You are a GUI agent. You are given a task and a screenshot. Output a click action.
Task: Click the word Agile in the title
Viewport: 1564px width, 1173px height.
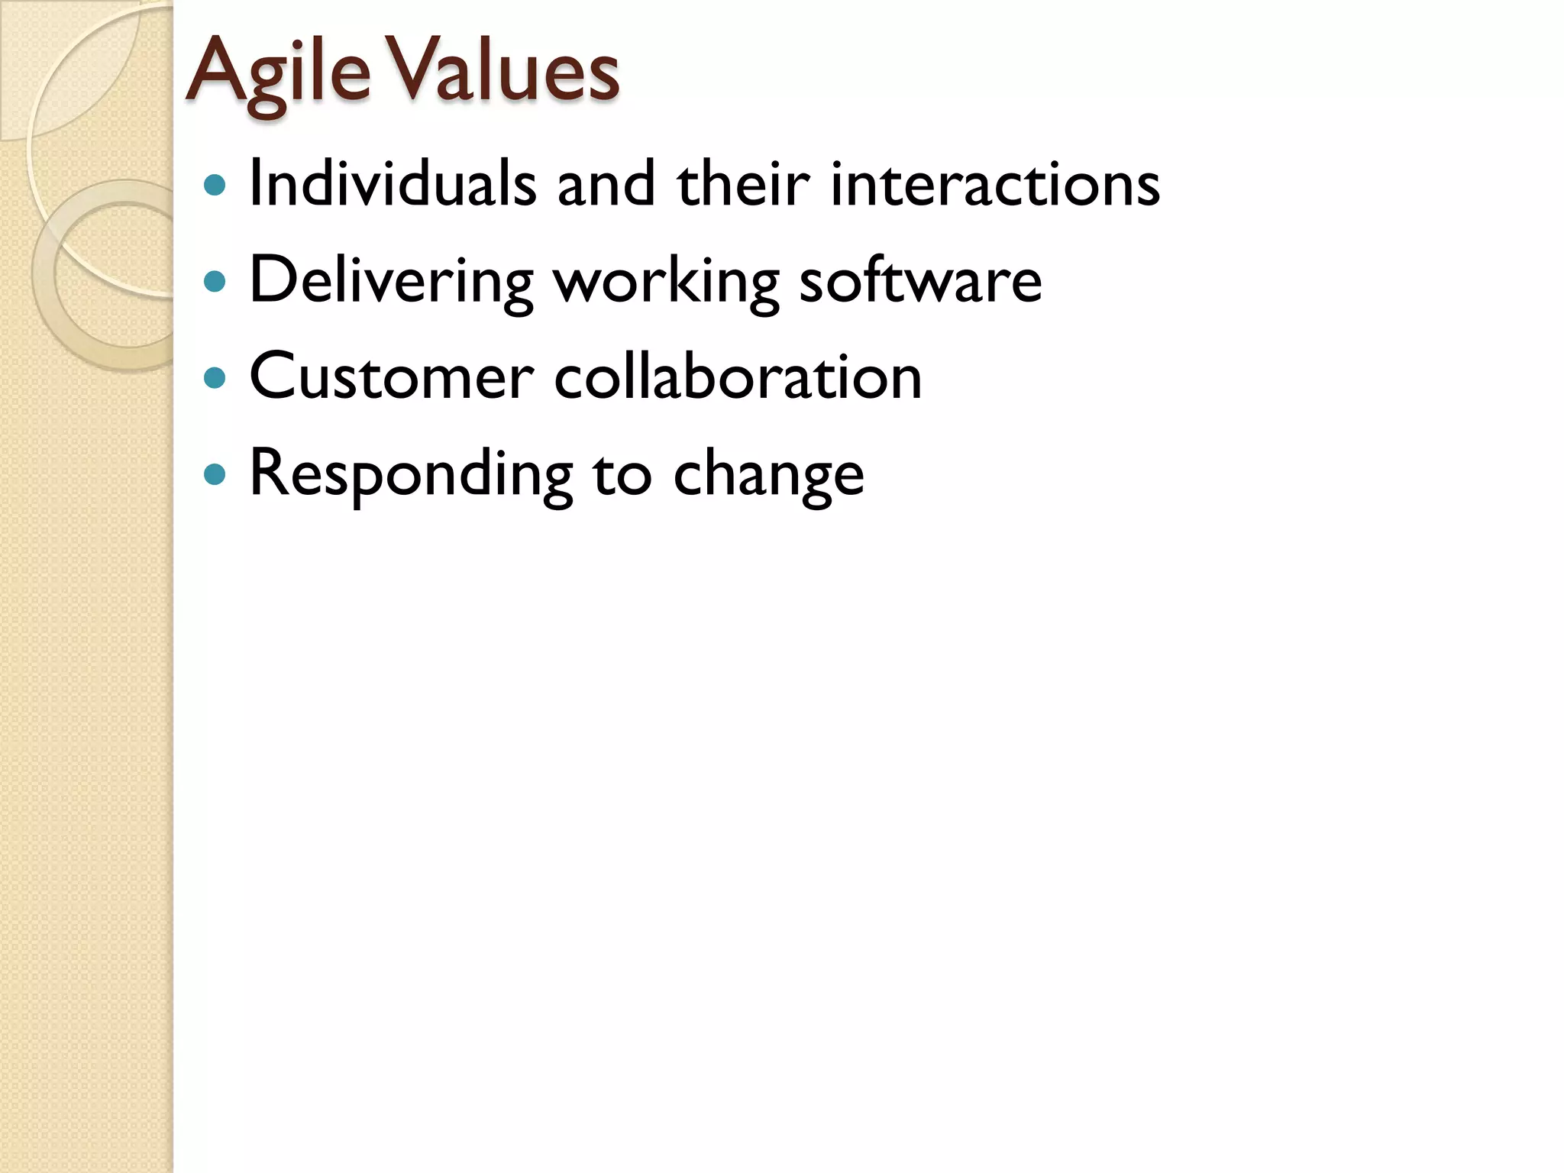(277, 73)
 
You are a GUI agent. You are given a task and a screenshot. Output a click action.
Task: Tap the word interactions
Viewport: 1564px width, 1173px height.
(994, 184)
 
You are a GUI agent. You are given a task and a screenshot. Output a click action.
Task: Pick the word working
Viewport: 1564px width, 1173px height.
(666, 281)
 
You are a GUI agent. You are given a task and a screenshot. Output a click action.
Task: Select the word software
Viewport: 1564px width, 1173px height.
(919, 281)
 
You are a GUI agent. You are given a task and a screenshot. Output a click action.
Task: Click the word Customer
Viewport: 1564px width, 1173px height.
(391, 377)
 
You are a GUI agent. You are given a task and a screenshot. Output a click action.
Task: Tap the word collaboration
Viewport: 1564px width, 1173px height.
(738, 377)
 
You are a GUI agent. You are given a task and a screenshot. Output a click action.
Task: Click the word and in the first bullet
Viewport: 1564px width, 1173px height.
(606, 184)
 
